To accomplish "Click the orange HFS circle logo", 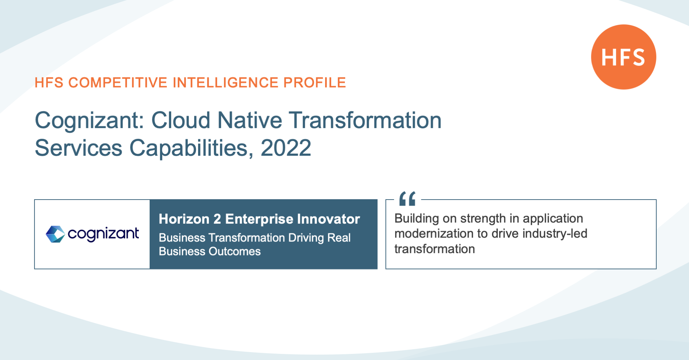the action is (x=623, y=57).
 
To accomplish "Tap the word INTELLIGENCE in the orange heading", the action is (x=226, y=83).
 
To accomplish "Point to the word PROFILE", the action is (x=315, y=83).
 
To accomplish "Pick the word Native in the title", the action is (x=250, y=120).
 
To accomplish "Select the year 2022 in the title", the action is (x=286, y=148).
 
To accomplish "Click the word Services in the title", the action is (x=79, y=148).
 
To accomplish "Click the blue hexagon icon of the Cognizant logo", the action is (x=55, y=234).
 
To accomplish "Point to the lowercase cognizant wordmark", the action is (x=103, y=234).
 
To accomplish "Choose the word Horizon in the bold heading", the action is (x=184, y=219).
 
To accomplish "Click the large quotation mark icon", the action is (x=407, y=198).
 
